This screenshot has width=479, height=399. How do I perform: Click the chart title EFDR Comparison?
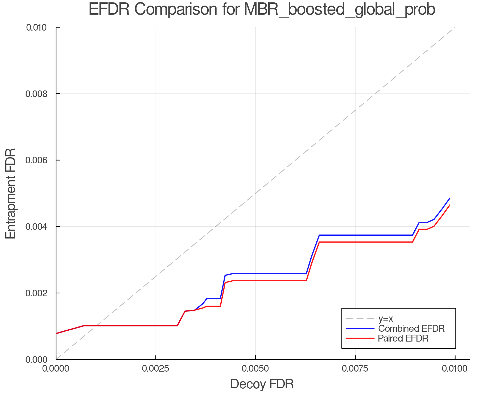pyautogui.click(x=262, y=10)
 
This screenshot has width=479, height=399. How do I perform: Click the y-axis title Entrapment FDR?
pyautogui.click(x=11, y=193)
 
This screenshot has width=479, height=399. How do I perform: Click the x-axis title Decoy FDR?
pyautogui.click(x=262, y=384)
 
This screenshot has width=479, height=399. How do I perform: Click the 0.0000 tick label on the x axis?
pyautogui.click(x=56, y=369)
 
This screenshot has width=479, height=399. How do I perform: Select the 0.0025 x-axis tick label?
pyautogui.click(x=156, y=369)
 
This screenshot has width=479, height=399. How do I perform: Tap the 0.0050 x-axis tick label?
pyautogui.click(x=255, y=369)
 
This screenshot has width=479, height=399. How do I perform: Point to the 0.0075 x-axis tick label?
pyautogui.click(x=355, y=369)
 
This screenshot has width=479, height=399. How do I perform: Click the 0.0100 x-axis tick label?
pyautogui.click(x=455, y=369)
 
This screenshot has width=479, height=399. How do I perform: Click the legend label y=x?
pyautogui.click(x=386, y=318)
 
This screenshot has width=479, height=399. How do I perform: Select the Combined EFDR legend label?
pyautogui.click(x=411, y=329)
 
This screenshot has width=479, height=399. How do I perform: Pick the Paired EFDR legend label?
pyautogui.click(x=403, y=338)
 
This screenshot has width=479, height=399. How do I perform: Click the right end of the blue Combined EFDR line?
pyautogui.click(x=450, y=198)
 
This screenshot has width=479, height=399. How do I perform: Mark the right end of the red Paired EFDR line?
pyautogui.click(x=450, y=205)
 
